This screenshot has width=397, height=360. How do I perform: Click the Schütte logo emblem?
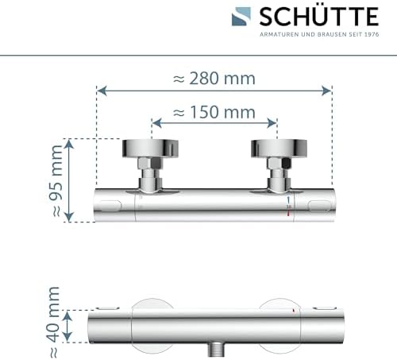[x=241, y=17]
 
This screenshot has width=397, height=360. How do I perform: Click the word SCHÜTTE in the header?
[x=319, y=17]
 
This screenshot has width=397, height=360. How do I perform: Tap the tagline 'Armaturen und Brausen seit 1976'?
[x=319, y=34]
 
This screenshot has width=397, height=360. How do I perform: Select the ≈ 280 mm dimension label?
[x=214, y=79]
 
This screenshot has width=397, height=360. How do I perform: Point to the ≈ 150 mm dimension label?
[x=214, y=112]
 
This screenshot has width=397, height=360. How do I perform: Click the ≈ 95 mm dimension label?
[x=56, y=181]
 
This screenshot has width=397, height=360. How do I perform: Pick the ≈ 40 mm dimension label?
[x=53, y=322]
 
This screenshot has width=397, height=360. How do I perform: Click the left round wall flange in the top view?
[x=150, y=149]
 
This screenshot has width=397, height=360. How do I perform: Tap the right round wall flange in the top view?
[x=279, y=149]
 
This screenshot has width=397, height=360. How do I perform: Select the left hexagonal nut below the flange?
[x=149, y=163]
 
